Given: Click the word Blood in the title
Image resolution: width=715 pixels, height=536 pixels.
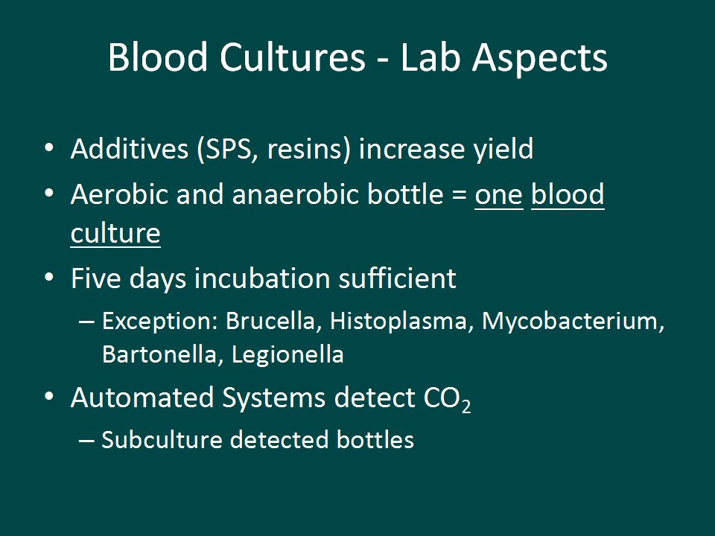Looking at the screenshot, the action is point(158,57).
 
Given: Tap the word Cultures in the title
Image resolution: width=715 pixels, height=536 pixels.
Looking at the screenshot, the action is point(293,57).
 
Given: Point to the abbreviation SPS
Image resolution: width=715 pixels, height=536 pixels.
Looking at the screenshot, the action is point(228,149).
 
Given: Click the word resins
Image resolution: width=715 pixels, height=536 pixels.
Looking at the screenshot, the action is point(304,149).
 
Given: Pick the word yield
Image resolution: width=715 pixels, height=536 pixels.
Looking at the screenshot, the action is point(503,150).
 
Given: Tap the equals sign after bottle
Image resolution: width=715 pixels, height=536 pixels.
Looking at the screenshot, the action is point(460,196).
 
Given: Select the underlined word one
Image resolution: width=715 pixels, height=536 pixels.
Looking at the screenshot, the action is point(499,196).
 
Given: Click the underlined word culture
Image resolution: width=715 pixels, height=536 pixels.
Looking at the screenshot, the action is point(115,233).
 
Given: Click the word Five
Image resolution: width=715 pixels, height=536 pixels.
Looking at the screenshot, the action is point(96,278).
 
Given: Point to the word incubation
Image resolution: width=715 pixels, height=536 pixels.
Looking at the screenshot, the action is point(262,278).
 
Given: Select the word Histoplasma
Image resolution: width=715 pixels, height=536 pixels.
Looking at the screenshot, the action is point(398,322).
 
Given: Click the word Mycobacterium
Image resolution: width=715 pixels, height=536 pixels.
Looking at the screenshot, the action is point(570,322).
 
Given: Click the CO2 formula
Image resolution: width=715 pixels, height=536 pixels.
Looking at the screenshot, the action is point(447,398).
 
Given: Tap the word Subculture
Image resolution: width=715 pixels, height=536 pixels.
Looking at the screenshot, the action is point(162,440).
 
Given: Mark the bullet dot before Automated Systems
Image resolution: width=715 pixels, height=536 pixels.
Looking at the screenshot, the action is point(49,395).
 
